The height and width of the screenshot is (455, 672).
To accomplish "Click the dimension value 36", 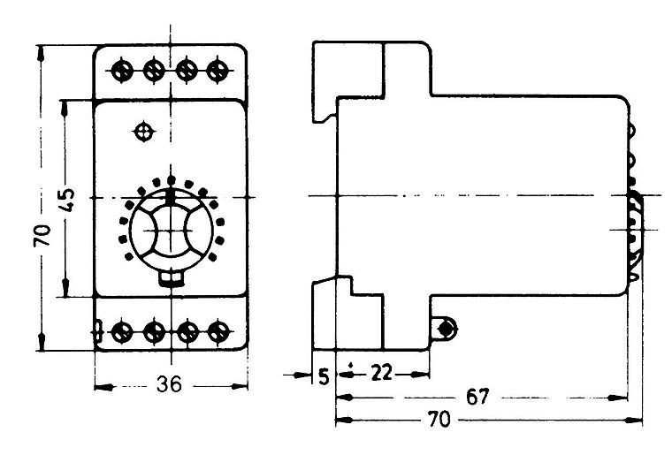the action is tap(169, 384).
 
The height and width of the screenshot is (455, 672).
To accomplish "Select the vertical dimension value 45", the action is tap(67, 200).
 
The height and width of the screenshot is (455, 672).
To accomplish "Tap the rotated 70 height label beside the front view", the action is tap(42, 235).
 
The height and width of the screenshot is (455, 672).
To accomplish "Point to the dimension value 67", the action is tap(477, 398).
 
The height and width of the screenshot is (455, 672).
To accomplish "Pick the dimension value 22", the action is tap(381, 373).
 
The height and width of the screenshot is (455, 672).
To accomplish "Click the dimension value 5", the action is tap(324, 377).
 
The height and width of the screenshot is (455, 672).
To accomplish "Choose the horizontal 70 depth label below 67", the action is tap(439, 420).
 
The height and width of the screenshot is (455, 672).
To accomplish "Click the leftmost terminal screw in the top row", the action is tap(121, 70).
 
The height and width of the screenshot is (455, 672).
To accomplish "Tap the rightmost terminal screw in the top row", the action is tap(218, 70).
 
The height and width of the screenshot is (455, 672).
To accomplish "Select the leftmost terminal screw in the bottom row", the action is tap(122, 332).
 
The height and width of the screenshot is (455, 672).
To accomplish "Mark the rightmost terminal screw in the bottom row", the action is tap(218, 331).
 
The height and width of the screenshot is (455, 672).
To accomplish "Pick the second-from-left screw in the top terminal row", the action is tap(154, 70).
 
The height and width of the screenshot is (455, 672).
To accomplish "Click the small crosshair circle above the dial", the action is tap(144, 132).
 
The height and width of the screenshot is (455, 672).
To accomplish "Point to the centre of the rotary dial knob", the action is tap(171, 231).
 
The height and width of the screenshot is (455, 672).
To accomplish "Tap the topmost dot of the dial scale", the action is tap(171, 179).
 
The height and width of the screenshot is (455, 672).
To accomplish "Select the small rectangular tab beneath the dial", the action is tap(172, 279).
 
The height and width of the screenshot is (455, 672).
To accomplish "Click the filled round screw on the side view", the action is tap(446, 330).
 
